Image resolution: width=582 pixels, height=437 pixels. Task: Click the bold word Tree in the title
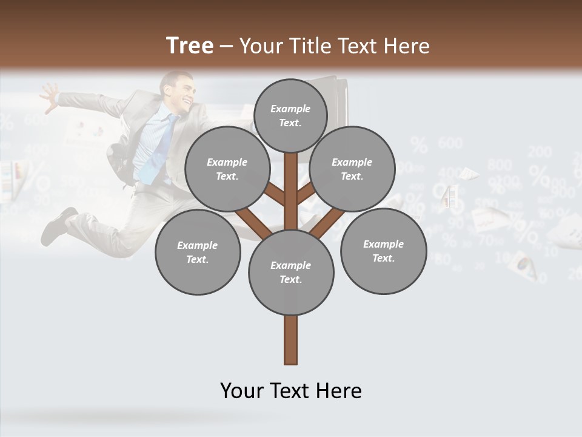(190, 46)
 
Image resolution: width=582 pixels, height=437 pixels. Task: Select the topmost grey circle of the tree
(290, 115)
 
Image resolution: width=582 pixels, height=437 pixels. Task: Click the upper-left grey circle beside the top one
(227, 169)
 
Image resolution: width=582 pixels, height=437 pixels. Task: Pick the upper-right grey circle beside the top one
(352, 169)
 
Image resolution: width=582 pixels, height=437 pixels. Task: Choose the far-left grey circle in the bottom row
(198, 252)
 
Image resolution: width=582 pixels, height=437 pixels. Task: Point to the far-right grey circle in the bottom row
(383, 251)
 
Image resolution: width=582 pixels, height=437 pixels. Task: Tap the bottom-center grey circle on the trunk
(291, 272)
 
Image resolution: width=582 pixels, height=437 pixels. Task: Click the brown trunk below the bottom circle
(291, 340)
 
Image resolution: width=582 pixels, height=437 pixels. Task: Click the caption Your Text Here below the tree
(291, 390)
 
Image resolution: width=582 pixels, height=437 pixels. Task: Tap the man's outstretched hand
(48, 94)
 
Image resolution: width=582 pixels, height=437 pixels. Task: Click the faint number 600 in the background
(450, 143)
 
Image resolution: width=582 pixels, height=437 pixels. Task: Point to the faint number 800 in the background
(499, 164)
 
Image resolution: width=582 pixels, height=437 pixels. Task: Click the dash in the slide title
(227, 47)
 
